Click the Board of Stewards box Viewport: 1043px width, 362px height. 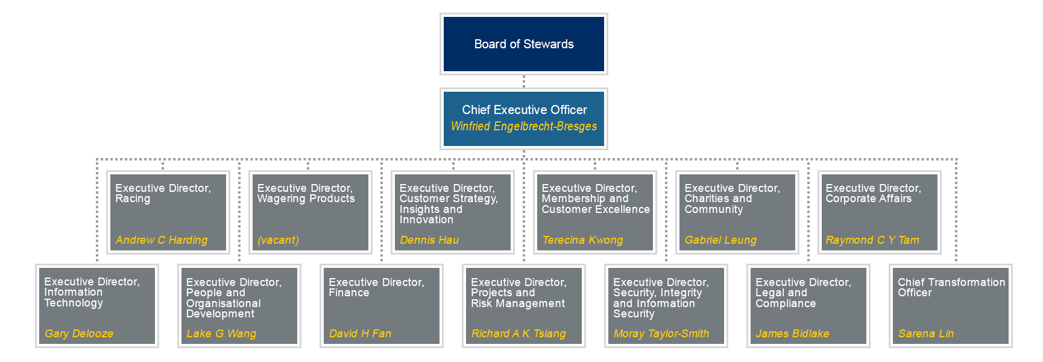(523, 44)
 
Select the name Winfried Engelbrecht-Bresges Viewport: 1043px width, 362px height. (523, 126)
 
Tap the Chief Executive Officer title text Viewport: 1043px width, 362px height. (523, 110)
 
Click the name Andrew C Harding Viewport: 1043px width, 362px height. (161, 240)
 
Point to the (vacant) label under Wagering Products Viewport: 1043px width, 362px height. (278, 240)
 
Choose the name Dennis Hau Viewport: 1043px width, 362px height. (429, 240)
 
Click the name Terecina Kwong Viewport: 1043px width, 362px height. (582, 240)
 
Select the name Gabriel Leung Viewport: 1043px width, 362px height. (720, 240)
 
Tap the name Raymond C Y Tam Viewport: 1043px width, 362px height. (872, 240)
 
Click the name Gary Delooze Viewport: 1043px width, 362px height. (79, 334)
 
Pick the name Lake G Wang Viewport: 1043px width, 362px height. (221, 334)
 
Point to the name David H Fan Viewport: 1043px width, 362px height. (360, 334)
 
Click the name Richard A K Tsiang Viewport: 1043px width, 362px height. (518, 334)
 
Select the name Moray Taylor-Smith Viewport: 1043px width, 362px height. (661, 334)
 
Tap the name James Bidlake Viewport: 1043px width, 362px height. (792, 334)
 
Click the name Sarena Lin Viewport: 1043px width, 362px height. (925, 334)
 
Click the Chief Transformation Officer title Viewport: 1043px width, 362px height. (951, 287)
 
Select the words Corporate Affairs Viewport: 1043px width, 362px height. (868, 198)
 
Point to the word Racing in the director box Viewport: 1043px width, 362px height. (133, 198)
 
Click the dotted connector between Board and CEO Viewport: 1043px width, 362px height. (523, 81)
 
